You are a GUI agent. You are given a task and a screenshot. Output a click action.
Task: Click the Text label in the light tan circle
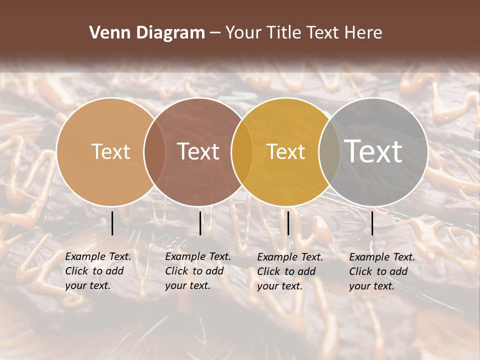[x=110, y=151]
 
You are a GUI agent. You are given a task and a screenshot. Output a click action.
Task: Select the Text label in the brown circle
[x=198, y=151]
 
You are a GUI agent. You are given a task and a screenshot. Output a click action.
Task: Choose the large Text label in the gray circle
[x=373, y=151]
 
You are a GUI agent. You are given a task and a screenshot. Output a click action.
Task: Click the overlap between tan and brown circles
[x=154, y=151]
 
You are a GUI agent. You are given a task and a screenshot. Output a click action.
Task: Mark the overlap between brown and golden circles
[x=241, y=151]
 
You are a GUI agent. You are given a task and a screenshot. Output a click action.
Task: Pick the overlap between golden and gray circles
[x=329, y=151]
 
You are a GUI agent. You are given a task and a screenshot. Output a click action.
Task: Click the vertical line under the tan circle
[x=112, y=223]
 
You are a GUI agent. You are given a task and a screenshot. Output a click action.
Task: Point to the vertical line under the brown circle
[x=200, y=223]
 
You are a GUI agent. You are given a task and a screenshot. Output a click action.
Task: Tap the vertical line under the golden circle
[x=288, y=223]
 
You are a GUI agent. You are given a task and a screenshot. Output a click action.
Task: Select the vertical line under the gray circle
[x=372, y=223]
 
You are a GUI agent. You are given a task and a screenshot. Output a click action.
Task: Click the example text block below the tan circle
[x=98, y=271]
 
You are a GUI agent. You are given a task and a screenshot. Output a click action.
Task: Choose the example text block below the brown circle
[x=198, y=271]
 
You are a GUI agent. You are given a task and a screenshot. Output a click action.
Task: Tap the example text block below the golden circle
[x=290, y=271]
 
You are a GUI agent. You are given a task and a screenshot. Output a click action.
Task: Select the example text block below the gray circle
[x=382, y=271]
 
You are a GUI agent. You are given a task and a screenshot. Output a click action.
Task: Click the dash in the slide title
[x=215, y=33]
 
